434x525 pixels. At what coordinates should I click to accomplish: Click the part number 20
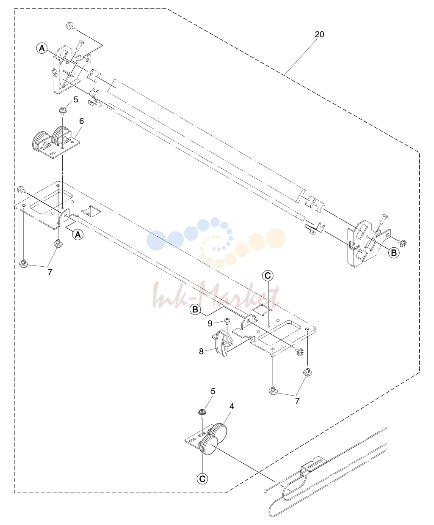coord(319,34)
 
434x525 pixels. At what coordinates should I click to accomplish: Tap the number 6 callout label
coord(81,121)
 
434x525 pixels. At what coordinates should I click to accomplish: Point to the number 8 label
coord(201,351)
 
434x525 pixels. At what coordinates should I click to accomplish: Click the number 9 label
coord(210,323)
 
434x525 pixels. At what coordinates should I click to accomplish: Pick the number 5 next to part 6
coord(76,100)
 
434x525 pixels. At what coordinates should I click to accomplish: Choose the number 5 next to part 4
coord(213,391)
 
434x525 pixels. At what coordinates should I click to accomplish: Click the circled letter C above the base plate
coord(268,276)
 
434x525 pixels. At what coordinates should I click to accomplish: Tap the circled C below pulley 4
coord(202,478)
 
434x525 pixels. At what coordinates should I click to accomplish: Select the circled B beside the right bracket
coord(394,252)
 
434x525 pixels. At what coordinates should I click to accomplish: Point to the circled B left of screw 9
coord(195,309)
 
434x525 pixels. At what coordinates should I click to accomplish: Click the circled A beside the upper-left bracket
coord(42,48)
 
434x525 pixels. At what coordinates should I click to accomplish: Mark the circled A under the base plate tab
coord(78,235)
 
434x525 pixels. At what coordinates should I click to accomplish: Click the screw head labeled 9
coord(227,320)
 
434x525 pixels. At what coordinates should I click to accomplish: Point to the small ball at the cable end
coord(265,491)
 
